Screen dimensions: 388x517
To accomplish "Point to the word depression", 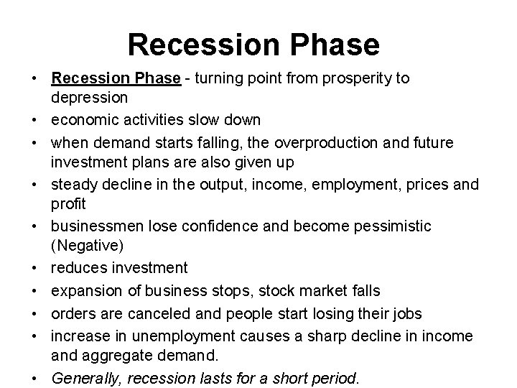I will point(90,97).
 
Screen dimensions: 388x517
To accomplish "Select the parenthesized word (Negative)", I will point(88,245).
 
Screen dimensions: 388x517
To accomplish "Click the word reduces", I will point(77,268).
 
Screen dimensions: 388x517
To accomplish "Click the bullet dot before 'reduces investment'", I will point(34,269).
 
